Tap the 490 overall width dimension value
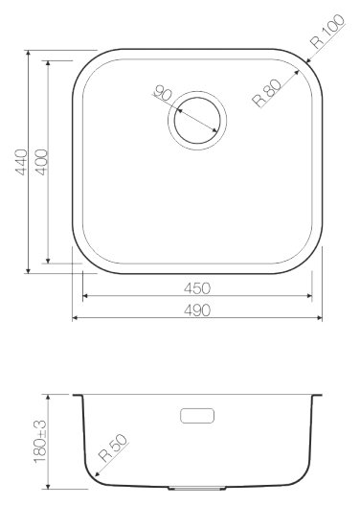[x=198, y=309]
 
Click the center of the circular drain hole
[x=197, y=120]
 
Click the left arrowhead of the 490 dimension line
[x=76, y=317]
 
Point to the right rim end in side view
[x=320, y=395]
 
